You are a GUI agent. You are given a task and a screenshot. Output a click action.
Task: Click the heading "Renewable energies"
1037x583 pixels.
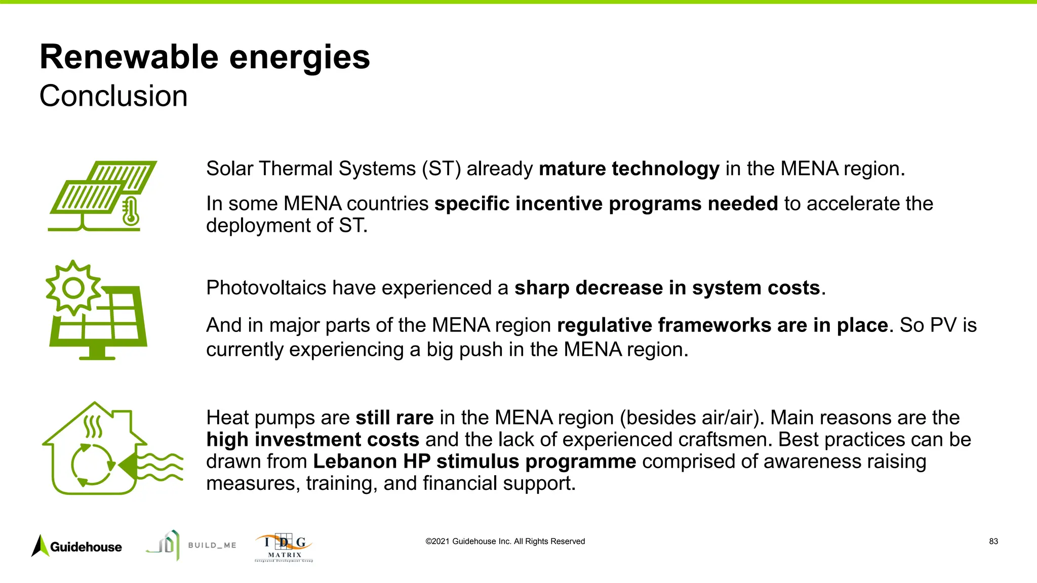pos(205,57)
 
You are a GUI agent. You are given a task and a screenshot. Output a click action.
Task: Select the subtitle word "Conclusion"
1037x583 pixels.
pos(113,96)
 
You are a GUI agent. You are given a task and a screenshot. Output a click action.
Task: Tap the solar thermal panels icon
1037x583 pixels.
pos(101,195)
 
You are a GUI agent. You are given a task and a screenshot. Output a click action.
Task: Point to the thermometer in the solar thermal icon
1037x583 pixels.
pos(131,212)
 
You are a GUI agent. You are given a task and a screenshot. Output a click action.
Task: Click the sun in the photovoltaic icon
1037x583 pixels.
pos(74,288)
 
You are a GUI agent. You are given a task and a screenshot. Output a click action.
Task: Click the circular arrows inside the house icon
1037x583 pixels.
pos(93,464)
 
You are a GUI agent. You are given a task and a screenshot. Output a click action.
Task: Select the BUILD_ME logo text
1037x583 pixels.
pos(212,545)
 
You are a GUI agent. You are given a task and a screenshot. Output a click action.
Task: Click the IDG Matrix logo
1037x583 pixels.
pos(284,548)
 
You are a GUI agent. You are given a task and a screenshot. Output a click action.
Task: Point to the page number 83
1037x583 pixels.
pos(993,542)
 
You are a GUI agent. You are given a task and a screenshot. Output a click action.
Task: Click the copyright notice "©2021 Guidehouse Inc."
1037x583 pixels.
pos(505,542)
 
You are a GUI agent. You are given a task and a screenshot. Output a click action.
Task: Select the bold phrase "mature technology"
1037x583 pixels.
pos(629,169)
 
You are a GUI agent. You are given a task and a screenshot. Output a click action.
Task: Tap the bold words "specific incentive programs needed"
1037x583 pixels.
pos(606,204)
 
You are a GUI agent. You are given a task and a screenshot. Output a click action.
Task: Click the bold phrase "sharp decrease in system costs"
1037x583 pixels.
pos(667,288)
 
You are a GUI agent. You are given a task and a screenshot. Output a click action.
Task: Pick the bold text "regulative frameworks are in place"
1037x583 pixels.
pos(722,325)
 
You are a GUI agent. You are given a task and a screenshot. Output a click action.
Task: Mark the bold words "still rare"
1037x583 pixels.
pos(394,418)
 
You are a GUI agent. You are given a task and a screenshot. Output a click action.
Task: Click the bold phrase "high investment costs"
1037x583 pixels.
pos(313,440)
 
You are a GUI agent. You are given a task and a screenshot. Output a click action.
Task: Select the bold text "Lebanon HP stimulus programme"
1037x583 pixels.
pos(474,462)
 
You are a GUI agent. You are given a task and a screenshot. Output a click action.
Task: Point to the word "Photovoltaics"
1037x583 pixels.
pos(266,288)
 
